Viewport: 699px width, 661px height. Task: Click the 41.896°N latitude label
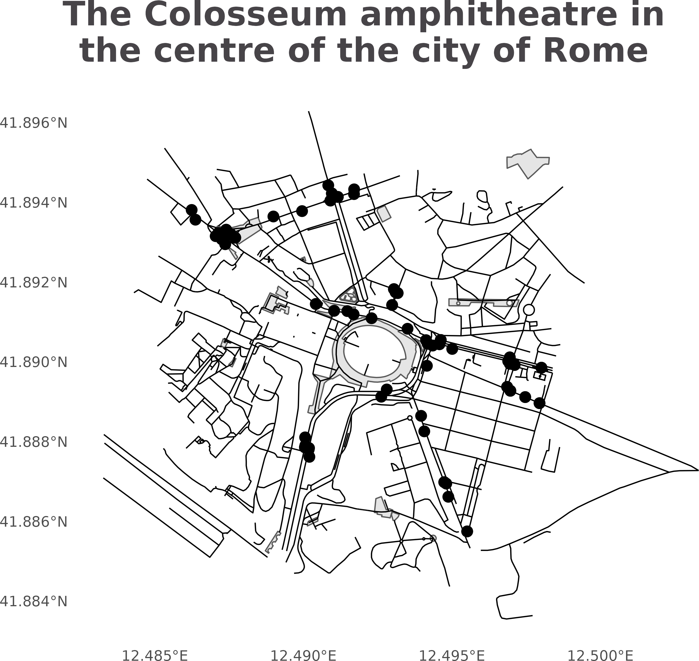[33, 123]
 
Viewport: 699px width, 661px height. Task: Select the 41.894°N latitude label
[33, 203]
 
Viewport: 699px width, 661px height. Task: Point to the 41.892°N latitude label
[33, 283]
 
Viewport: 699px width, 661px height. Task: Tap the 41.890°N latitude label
[33, 362]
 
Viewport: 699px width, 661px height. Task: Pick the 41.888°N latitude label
[33, 442]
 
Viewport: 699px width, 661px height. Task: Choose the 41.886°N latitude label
[33, 521]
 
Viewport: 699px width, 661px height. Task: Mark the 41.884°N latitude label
[33, 601]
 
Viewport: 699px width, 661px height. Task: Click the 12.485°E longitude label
[155, 655]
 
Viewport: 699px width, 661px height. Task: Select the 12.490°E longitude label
[303, 655]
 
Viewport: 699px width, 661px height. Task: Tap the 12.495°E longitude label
[452, 655]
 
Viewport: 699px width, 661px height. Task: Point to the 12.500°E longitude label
[600, 655]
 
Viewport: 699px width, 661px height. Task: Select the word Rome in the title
[596, 51]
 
